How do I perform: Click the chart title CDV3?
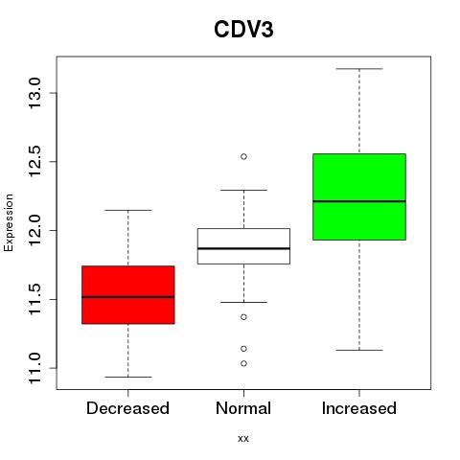[x=243, y=30]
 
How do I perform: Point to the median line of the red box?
[x=128, y=297]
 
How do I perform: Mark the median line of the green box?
[x=359, y=201]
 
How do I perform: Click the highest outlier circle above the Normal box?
[x=243, y=156]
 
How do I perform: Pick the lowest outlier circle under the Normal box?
[x=243, y=363]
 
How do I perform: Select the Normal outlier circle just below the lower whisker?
[x=243, y=317]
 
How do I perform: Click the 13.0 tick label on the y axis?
[x=34, y=93]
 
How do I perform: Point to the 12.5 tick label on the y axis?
[x=34, y=161]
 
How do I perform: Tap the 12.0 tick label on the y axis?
[x=34, y=230]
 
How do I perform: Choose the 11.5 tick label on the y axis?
[x=34, y=299]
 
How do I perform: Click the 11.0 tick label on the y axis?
[x=34, y=368]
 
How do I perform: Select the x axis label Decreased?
[x=127, y=408]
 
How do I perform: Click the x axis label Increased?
[x=359, y=408]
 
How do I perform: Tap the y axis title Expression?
[x=9, y=222]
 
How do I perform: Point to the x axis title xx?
[x=243, y=439]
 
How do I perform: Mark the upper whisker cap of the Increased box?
[x=359, y=69]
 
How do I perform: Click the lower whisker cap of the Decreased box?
[x=128, y=377]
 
